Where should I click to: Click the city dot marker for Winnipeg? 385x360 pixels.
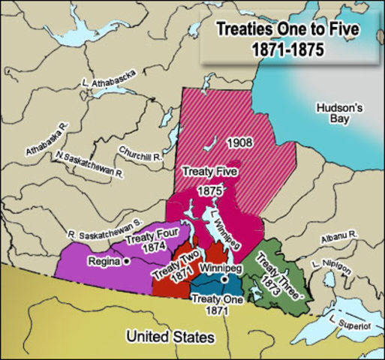[223, 279]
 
